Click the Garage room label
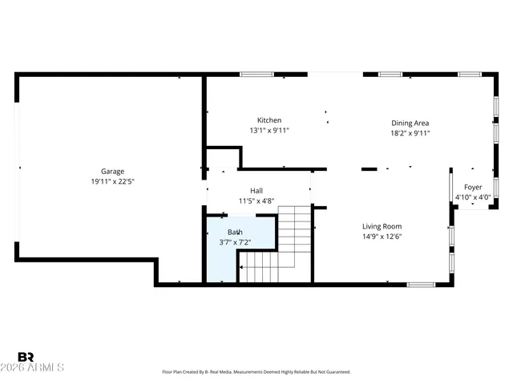coord(111,171)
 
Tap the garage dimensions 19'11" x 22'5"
coord(111,181)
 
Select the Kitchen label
coord(269,120)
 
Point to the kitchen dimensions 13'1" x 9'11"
coord(269,131)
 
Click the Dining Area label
coord(410,123)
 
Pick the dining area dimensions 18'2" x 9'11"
coord(410,133)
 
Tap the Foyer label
coord(472,187)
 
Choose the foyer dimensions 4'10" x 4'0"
coord(472,197)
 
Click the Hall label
coord(256,190)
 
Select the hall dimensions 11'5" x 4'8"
coord(256,201)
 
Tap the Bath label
coord(235,231)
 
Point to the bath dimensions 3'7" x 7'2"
coord(235,241)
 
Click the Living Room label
coord(382,226)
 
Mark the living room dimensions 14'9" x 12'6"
coord(382,237)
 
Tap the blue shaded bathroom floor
coord(221,265)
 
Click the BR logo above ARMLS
coord(26,357)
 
